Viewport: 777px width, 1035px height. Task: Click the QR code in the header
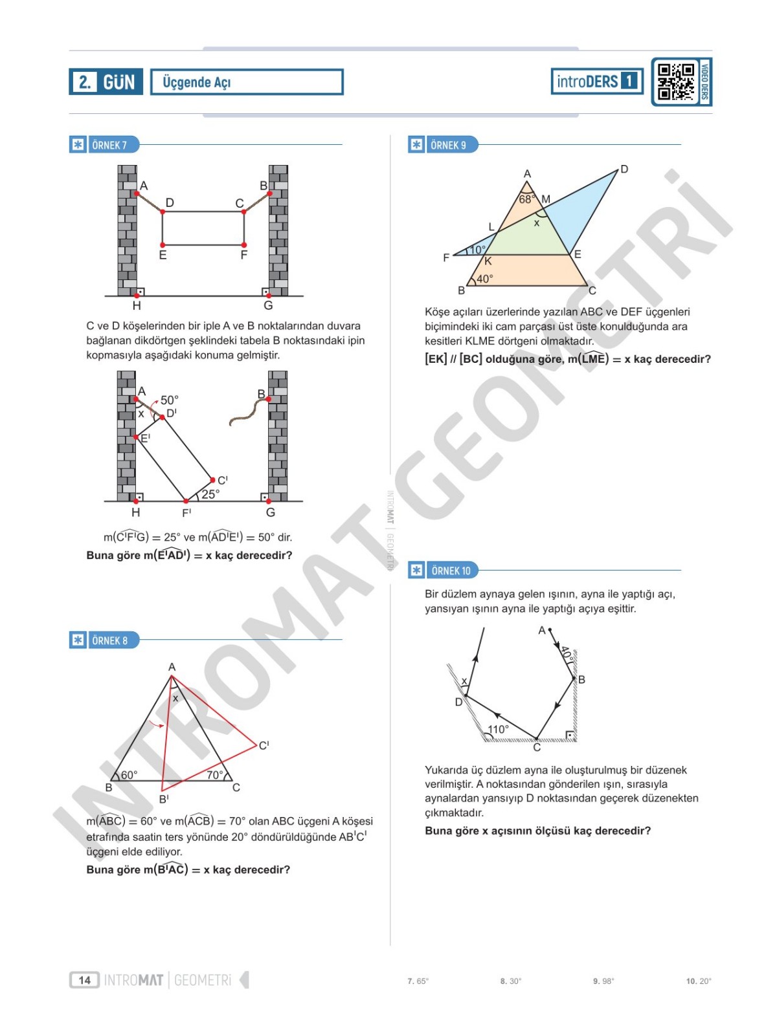tap(676, 82)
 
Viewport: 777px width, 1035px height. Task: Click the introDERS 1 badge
tap(596, 82)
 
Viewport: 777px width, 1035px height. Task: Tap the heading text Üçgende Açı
tap(196, 82)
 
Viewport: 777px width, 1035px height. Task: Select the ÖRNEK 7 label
tap(109, 145)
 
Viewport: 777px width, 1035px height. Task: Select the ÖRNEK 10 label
tap(450, 571)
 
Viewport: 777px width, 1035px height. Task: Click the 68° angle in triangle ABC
tap(526, 199)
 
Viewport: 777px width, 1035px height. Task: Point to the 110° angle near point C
tap(498, 729)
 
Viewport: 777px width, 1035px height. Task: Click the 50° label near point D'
tap(169, 400)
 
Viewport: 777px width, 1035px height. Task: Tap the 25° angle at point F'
tap(210, 494)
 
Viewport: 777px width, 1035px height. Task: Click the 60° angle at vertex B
tap(129, 774)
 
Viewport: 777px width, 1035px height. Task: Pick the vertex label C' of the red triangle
tap(264, 745)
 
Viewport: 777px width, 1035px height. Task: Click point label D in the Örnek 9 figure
tap(624, 169)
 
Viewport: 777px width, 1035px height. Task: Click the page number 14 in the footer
tap(85, 980)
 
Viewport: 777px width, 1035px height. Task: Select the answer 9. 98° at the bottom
tap(603, 981)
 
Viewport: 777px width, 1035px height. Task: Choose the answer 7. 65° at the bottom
tap(418, 981)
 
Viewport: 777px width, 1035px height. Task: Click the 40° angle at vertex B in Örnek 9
tap(484, 279)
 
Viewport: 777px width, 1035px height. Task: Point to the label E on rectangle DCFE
tap(163, 256)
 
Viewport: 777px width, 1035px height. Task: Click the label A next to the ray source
tap(542, 630)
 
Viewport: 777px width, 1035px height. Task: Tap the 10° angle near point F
tap(478, 250)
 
